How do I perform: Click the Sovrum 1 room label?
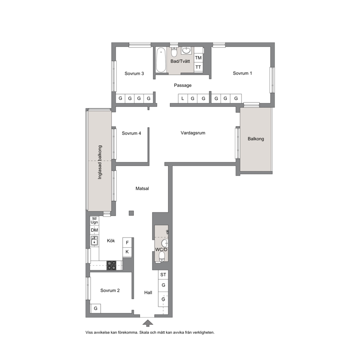coord(242,73)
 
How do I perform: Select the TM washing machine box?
coord(199,58)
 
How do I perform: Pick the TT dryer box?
coord(199,67)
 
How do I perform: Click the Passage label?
coord(183,85)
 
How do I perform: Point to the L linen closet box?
coord(183,98)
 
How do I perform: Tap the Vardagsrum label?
coord(193,133)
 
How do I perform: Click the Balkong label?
coord(256,139)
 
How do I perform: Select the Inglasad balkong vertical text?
coord(100,162)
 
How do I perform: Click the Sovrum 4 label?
coord(131,134)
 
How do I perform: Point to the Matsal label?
coord(142,188)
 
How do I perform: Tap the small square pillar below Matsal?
coord(131,213)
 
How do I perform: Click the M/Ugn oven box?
coord(94,221)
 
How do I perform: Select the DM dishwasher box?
coord(94,230)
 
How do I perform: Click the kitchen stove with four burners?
coord(112,265)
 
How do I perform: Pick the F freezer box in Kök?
coord(127,242)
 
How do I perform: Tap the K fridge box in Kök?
coord(127,252)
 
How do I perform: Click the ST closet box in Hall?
coord(163,275)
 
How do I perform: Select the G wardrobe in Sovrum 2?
coord(95,308)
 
